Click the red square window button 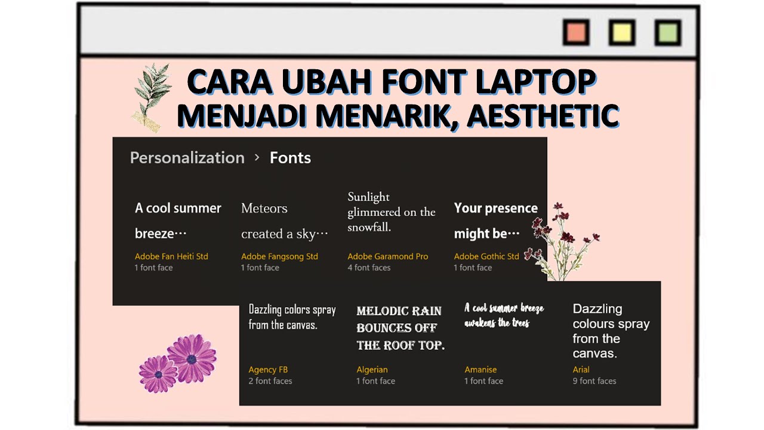click(x=576, y=32)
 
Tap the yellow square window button click(x=621, y=32)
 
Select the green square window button click(x=667, y=32)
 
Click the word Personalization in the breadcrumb click(x=187, y=158)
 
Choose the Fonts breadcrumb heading click(x=290, y=158)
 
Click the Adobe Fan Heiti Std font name click(x=171, y=256)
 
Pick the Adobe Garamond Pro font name click(x=388, y=256)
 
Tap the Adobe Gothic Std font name click(x=486, y=256)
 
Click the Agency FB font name click(x=268, y=370)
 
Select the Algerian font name click(x=372, y=370)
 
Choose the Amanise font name click(x=480, y=370)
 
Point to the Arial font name click(x=581, y=370)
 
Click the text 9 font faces click(x=594, y=381)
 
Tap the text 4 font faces click(x=369, y=268)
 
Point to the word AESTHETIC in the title click(x=542, y=116)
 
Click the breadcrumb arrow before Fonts click(x=257, y=157)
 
